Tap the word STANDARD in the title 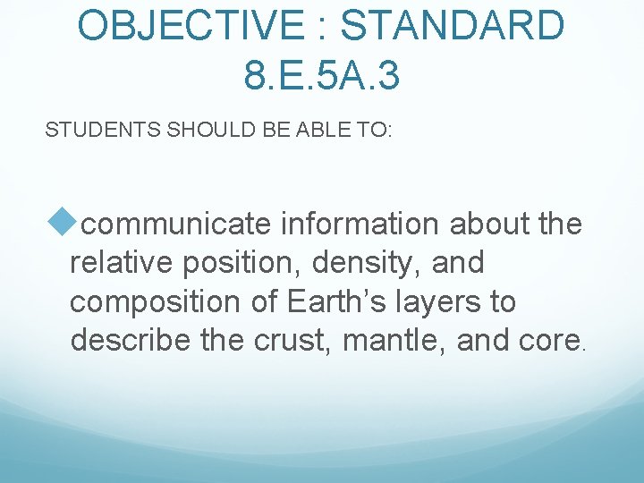click(453, 26)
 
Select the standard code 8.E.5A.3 click(321, 75)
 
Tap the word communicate click(177, 225)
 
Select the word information click(360, 225)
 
